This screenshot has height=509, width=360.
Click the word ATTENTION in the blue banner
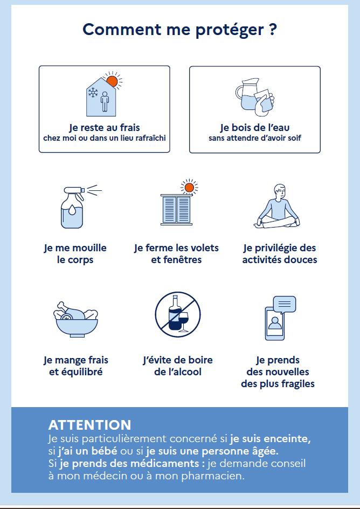pos(89,425)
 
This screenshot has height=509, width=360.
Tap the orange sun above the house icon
pos(112,81)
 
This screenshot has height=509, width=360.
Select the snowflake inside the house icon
pos(93,93)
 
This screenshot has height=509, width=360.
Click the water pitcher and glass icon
pos(255,97)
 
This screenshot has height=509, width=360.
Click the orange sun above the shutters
pos(189,188)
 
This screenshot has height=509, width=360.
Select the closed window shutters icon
pos(176,209)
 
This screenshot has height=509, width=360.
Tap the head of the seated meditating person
pos(279,192)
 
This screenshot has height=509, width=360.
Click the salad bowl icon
pos(76,320)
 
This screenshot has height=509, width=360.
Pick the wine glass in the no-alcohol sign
pos(183,321)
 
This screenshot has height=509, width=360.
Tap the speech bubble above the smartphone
pos(285,305)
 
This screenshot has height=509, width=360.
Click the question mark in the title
pos(273,30)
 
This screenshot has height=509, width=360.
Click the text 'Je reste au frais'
pos(105,128)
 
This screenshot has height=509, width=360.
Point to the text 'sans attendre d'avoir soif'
pos(255,138)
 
